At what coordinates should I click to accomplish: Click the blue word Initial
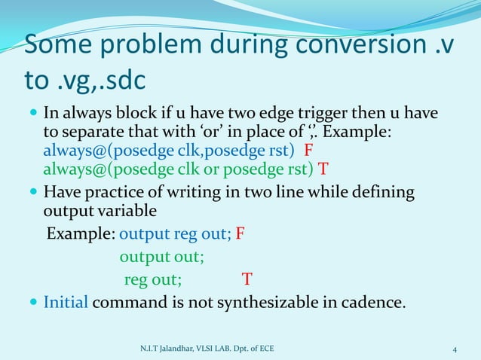coord(66,304)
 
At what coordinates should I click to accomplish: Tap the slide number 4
coord(455,349)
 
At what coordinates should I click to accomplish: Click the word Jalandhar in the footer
coord(178,349)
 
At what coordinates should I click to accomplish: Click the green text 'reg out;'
coord(152,279)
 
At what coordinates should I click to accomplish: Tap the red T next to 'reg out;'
coord(247,279)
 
